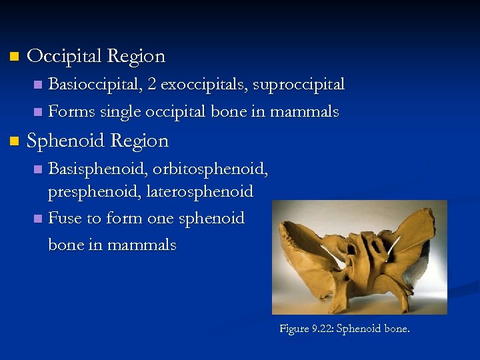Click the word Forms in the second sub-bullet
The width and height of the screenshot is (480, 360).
(71, 111)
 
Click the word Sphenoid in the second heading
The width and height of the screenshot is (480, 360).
(65, 141)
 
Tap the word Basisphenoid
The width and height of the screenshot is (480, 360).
(97, 169)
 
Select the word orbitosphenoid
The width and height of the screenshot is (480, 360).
(210, 169)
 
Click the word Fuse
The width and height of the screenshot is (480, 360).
(65, 219)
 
